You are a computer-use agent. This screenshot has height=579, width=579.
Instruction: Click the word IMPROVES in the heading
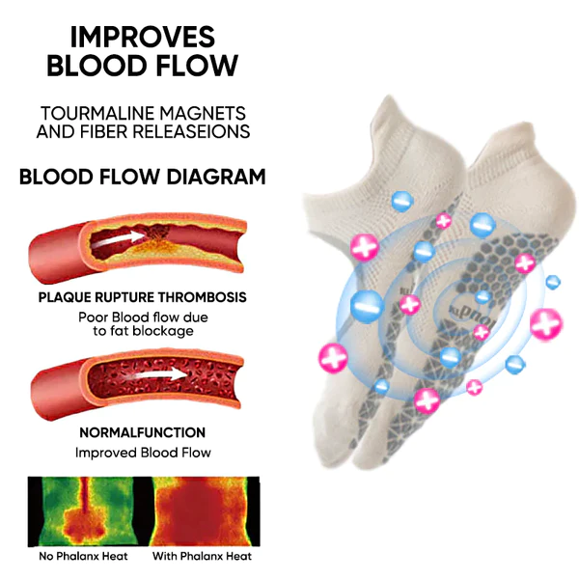[x=142, y=37]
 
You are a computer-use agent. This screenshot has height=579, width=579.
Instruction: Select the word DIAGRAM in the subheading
[x=213, y=177]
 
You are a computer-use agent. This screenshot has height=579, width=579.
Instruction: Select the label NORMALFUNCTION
[x=142, y=433]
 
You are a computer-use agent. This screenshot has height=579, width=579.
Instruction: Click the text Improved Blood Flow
[x=142, y=453]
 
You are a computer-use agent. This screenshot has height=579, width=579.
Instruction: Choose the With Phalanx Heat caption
[x=202, y=557]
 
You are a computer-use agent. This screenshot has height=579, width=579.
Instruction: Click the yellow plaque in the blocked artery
[x=154, y=253]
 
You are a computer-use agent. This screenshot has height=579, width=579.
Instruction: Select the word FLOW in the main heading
[x=197, y=69]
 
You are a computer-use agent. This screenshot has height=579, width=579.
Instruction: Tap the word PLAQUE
[x=67, y=297]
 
